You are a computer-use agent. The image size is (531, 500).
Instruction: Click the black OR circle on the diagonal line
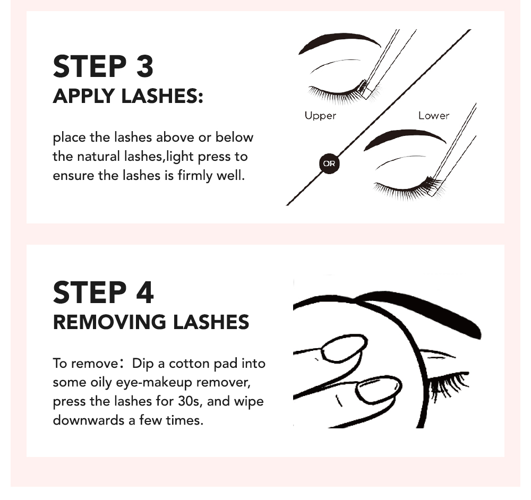point(329,163)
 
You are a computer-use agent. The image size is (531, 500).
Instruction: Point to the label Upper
point(320,115)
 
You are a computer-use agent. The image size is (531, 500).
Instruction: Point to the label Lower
point(433,115)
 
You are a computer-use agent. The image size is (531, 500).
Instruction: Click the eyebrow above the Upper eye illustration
point(340,41)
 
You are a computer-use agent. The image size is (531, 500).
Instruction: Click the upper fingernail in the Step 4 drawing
point(344,348)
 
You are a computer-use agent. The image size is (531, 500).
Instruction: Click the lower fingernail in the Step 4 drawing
point(378,390)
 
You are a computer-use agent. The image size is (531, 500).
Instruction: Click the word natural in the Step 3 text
point(101,157)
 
